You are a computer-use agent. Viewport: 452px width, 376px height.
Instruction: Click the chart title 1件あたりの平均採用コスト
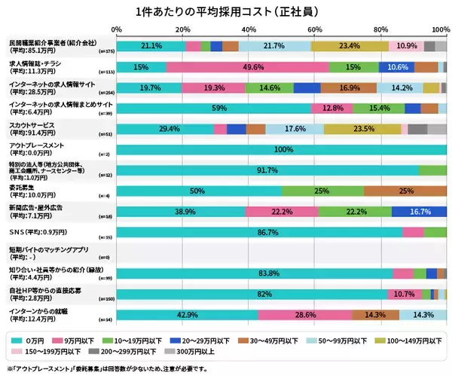(x=226, y=12)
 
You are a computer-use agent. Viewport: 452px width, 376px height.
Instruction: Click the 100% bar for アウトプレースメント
(x=282, y=150)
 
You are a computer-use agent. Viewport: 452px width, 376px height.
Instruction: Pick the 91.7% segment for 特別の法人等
(x=267, y=171)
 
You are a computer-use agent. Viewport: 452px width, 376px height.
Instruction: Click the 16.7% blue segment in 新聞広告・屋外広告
(x=419, y=212)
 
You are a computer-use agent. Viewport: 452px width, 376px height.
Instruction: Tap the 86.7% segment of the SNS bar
(x=259, y=233)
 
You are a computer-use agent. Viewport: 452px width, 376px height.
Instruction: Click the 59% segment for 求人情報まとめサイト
(x=215, y=109)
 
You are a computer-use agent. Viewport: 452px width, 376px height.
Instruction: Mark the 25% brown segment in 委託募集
(x=405, y=191)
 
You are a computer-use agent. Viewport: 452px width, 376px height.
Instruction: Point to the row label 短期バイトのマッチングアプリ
(x=48, y=249)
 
